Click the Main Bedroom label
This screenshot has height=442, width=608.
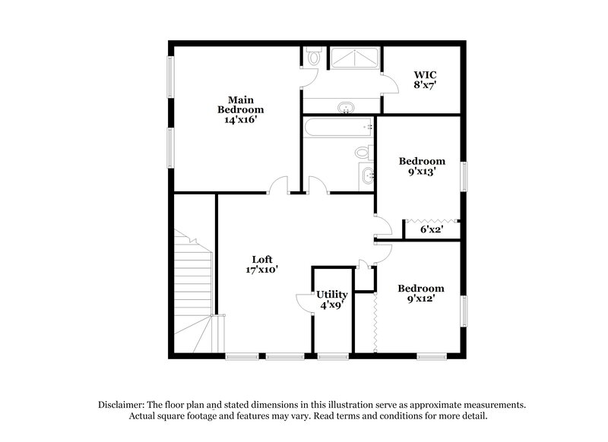240,104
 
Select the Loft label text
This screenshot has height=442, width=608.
261,259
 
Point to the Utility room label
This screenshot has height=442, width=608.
332,295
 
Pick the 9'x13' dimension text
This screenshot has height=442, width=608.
422,172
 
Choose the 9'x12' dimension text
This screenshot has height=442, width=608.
421,298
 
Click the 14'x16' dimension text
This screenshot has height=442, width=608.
240,119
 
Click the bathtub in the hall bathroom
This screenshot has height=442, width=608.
338,127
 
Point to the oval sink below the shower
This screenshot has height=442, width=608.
347,107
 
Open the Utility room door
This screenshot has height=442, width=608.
303,302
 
